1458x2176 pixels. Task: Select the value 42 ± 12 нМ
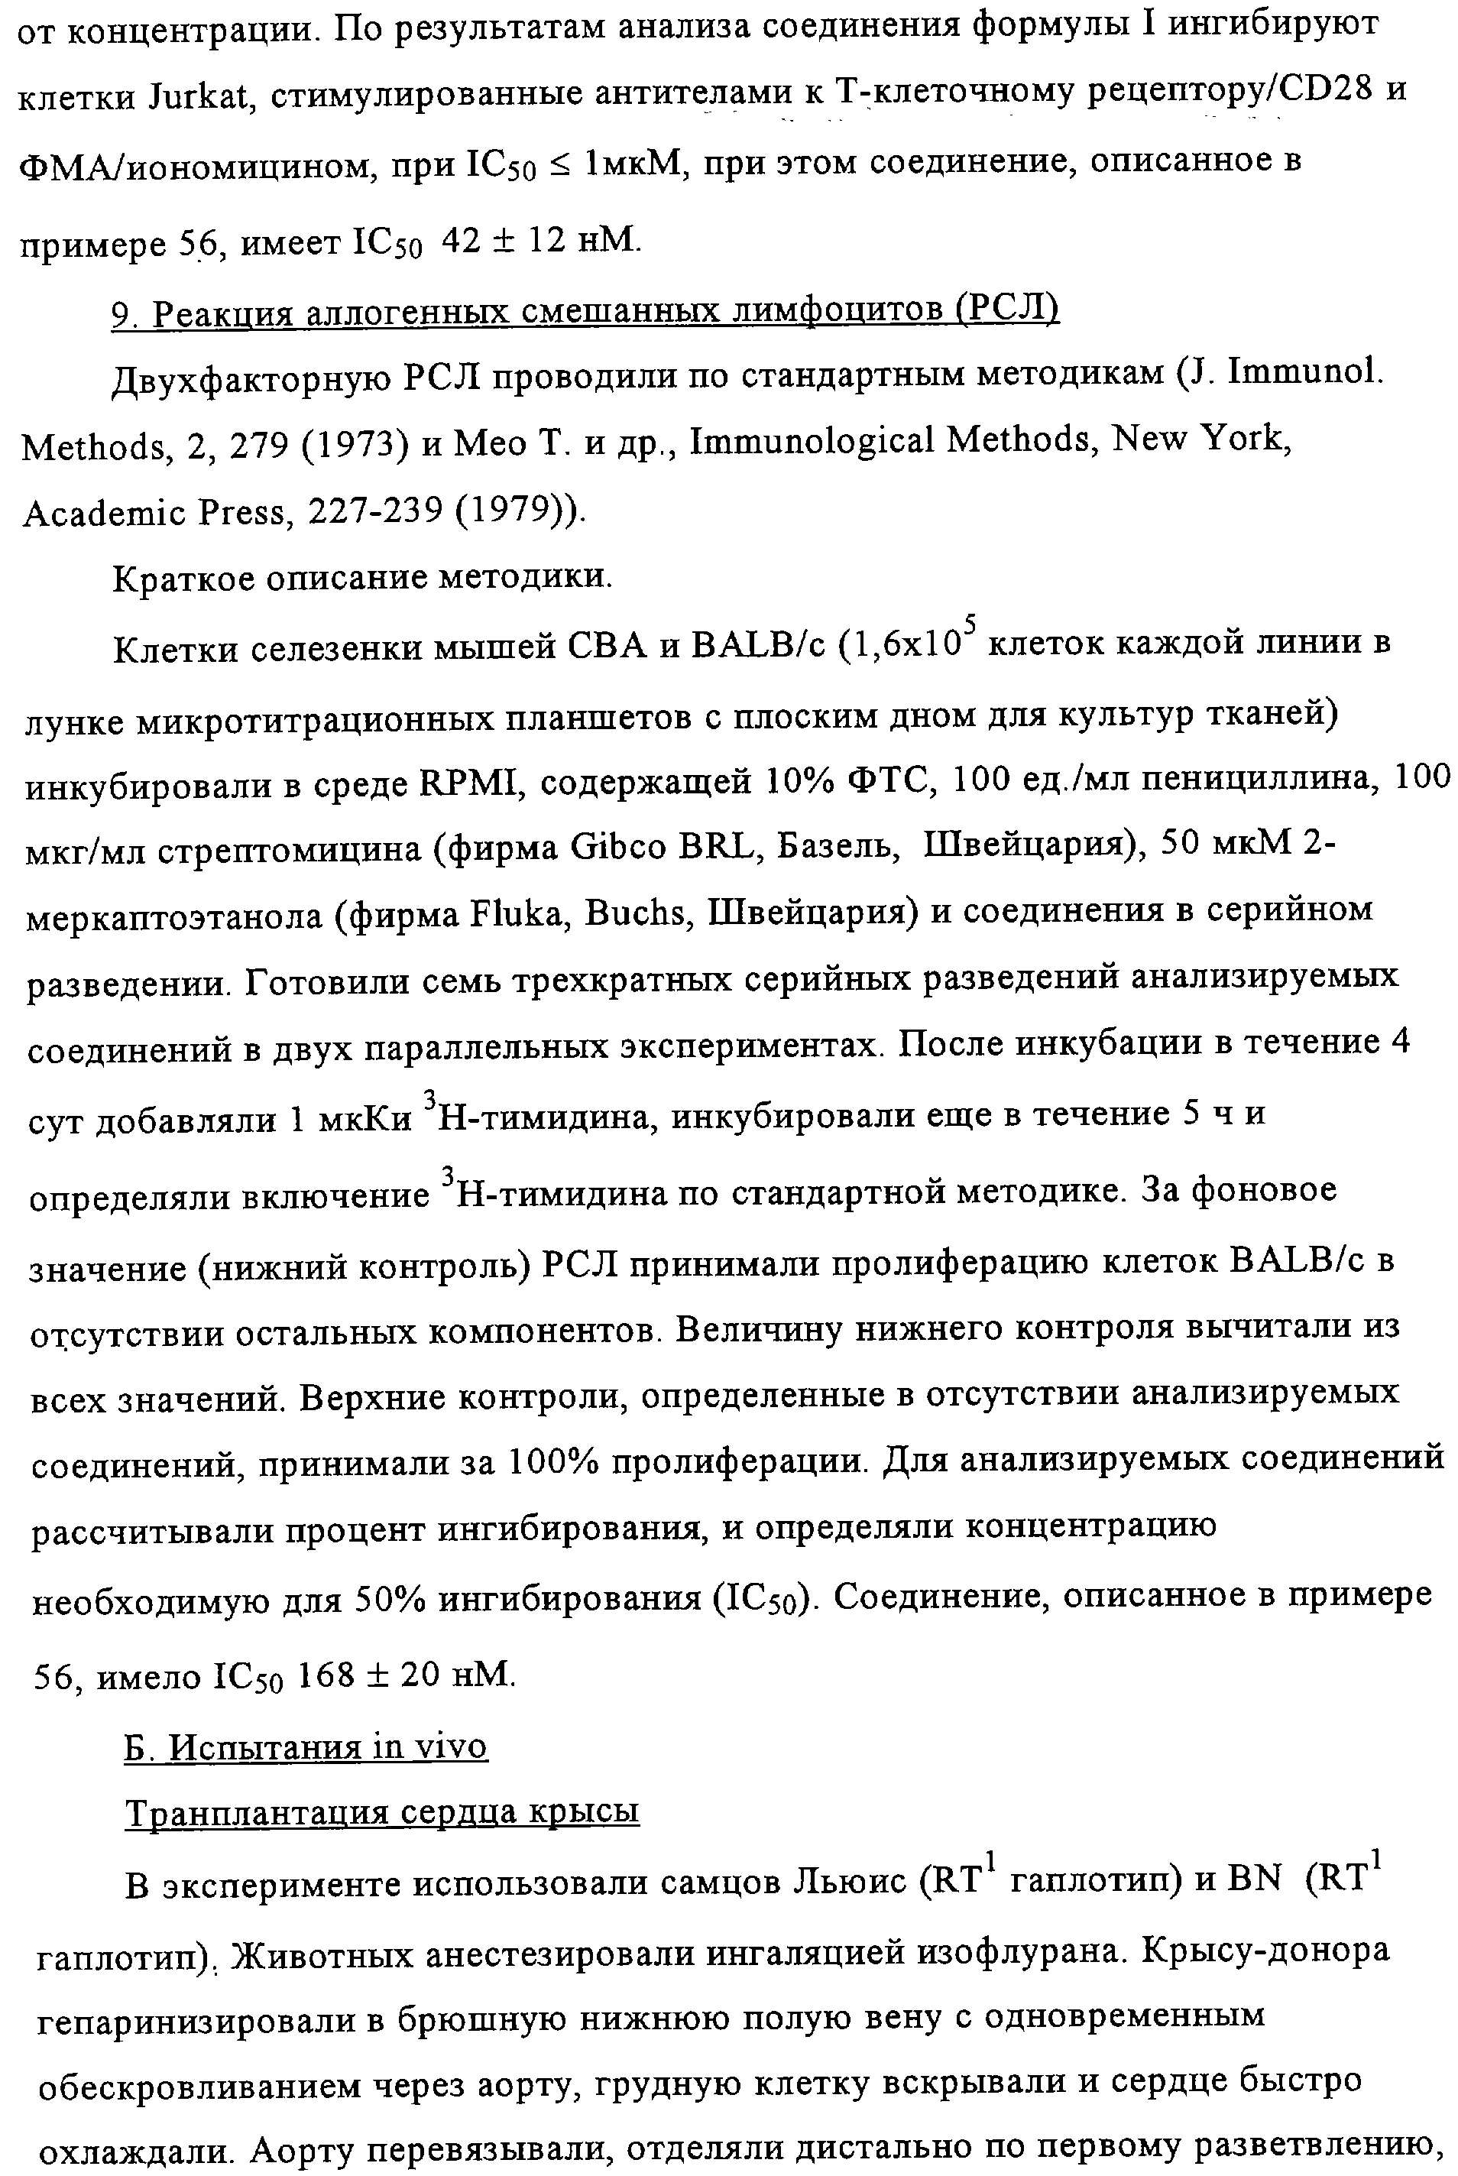click(x=540, y=242)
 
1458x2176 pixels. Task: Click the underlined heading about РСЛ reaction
click(x=585, y=313)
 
